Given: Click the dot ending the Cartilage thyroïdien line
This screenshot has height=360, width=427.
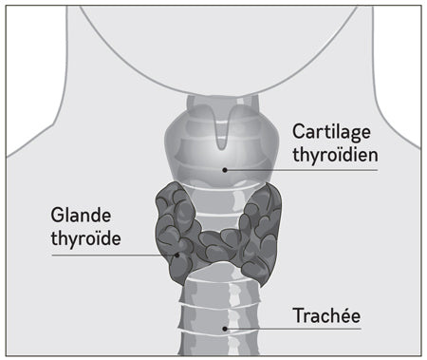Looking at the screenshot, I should (x=225, y=170).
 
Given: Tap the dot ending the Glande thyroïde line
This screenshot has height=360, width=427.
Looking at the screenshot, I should (x=177, y=254).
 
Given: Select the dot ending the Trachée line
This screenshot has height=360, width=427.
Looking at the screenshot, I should (x=225, y=329).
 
